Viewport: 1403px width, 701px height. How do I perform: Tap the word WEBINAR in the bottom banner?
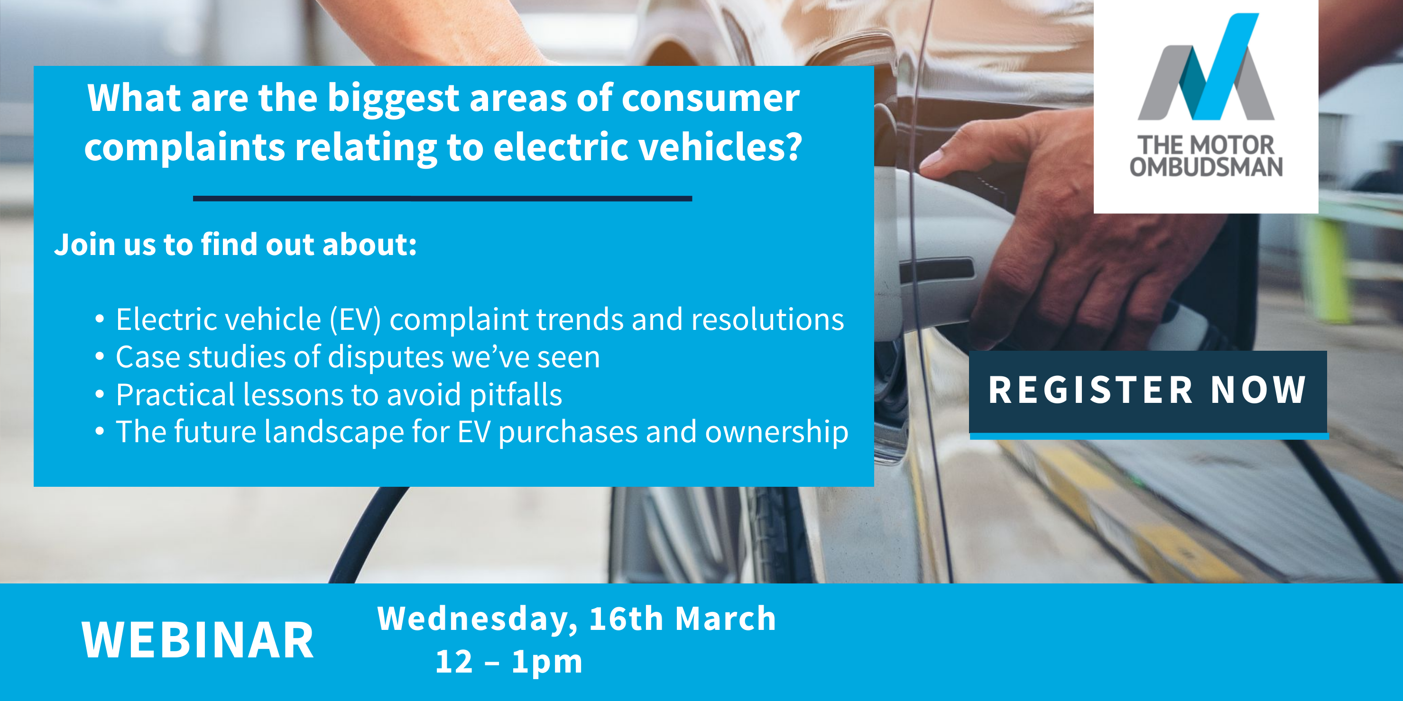[x=198, y=641]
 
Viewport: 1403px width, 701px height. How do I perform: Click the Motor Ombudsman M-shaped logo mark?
[x=1206, y=67]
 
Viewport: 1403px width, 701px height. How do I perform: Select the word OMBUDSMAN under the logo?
[x=1206, y=167]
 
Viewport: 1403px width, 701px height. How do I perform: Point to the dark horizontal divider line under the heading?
[x=442, y=199]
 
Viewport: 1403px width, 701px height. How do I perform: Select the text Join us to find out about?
[x=235, y=245]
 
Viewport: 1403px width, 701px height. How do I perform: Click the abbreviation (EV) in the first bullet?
[x=355, y=319]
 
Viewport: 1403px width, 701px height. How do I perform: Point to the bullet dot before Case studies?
[x=99, y=357]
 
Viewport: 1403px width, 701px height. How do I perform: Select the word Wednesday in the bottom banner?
[x=478, y=619]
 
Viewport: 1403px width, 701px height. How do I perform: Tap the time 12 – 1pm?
[x=509, y=662]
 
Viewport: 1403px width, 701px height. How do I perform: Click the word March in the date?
[x=725, y=619]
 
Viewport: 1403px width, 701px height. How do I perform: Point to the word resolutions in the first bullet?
[x=767, y=319]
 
